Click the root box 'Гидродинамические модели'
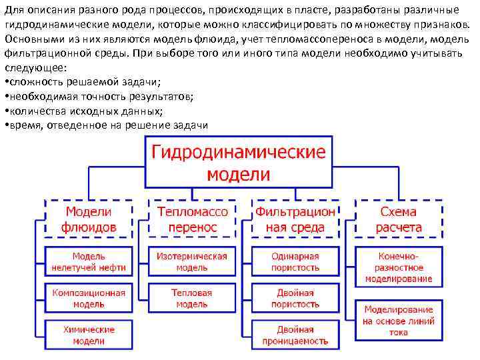(x=239, y=163)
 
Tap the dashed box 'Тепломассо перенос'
(x=192, y=219)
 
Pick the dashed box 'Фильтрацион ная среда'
(x=295, y=219)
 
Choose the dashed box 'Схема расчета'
(x=399, y=219)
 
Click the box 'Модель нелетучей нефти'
(x=89, y=261)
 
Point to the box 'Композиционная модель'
(x=89, y=298)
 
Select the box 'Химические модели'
(x=89, y=335)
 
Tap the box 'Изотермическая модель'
(x=192, y=261)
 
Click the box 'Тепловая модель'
(x=192, y=298)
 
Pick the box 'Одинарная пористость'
(x=295, y=261)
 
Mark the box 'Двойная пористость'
(x=295, y=298)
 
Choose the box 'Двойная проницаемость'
(x=295, y=335)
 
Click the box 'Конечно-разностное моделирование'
(x=399, y=267)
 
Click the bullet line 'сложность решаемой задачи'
(x=83, y=82)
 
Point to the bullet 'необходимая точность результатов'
(x=99, y=97)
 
